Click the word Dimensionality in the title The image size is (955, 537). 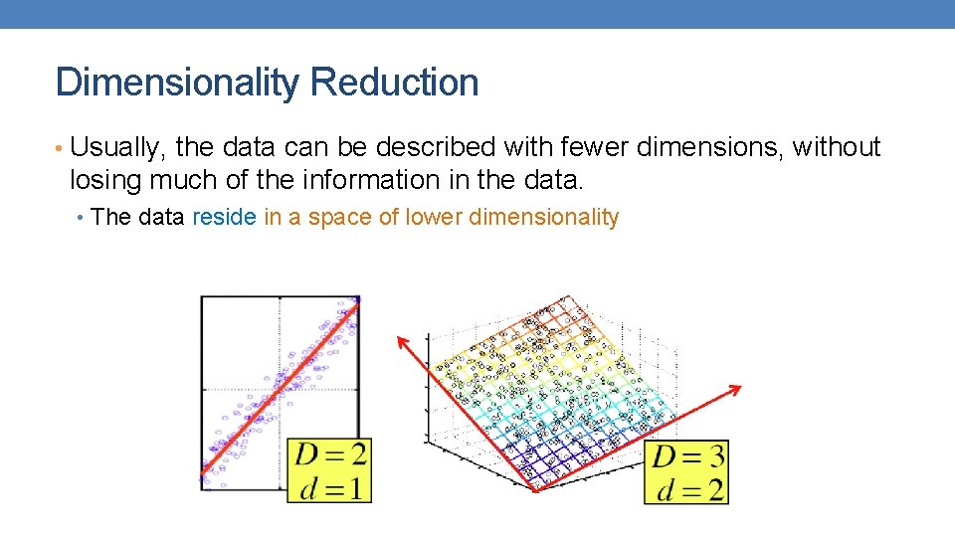[175, 83]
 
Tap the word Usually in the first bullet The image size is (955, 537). [118, 148]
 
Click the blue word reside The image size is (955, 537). [224, 217]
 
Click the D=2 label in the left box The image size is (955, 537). [329, 454]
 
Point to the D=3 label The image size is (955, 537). [687, 456]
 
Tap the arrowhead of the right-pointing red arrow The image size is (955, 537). [737, 388]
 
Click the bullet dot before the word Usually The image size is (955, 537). [61, 149]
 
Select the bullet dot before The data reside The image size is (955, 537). [82, 218]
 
